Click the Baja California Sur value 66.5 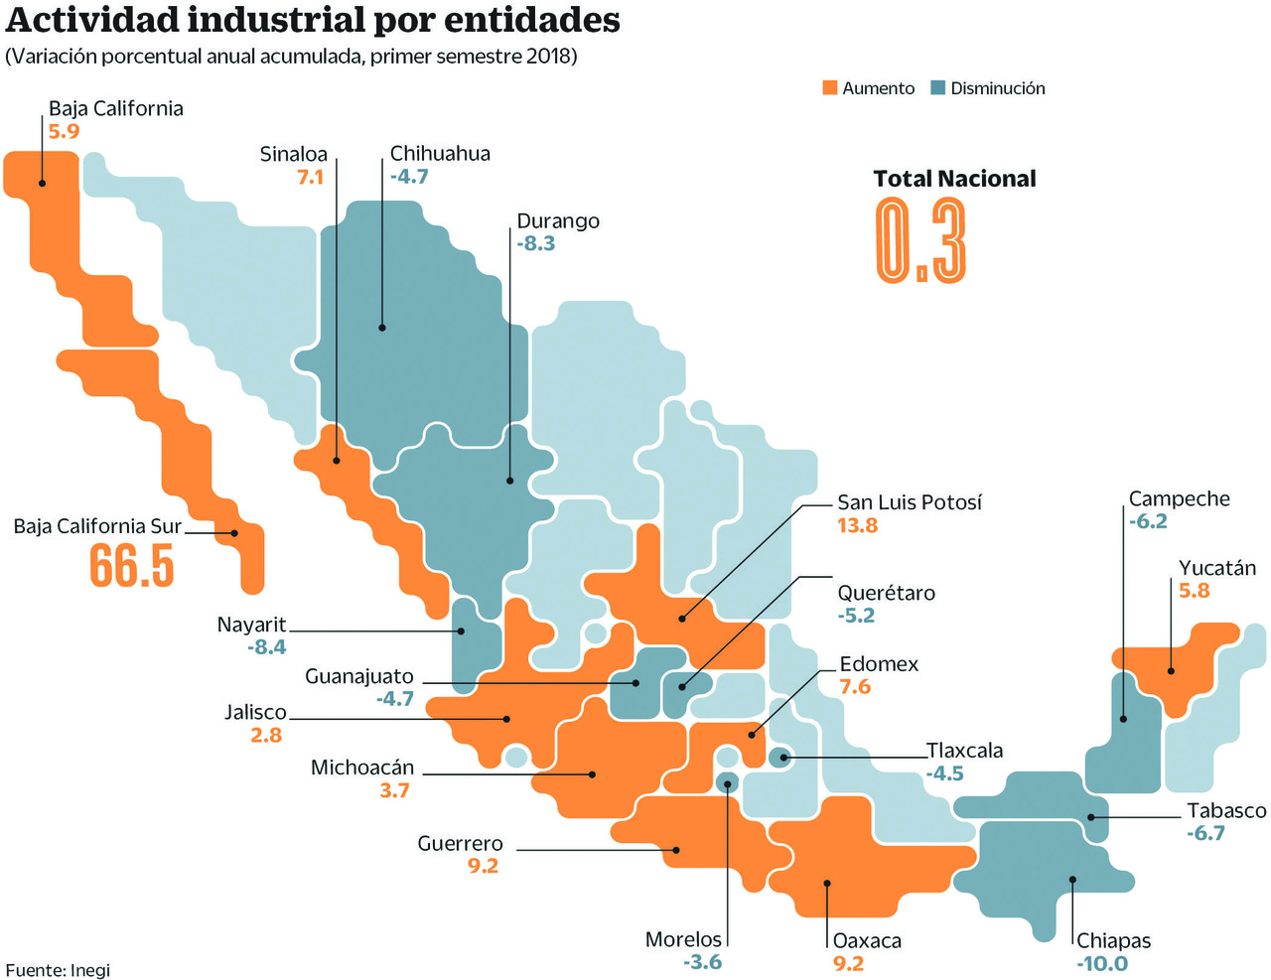tap(131, 566)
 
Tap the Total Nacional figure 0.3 tap(920, 240)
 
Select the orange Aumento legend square tap(830, 87)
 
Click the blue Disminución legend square tap(937, 87)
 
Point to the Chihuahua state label tap(440, 154)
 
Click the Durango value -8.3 tap(536, 244)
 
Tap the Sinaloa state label tap(293, 154)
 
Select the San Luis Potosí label tap(909, 502)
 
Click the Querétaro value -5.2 tap(856, 616)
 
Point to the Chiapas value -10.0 tap(1102, 963)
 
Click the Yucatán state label tap(1216, 568)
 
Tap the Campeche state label tap(1179, 498)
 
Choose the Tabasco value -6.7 tap(1205, 833)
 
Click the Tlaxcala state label tap(964, 751)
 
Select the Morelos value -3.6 tap(702, 962)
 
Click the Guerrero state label tap(460, 844)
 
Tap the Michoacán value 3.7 tap(394, 791)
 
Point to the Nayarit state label tap(251, 625)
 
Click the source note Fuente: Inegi tap(58, 970)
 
